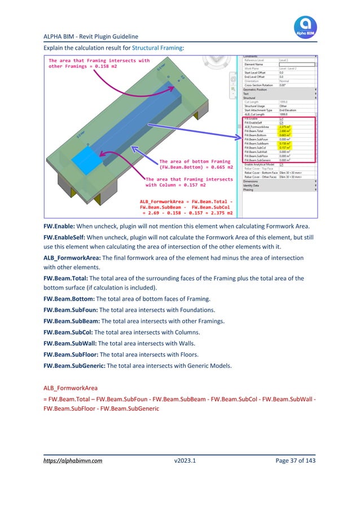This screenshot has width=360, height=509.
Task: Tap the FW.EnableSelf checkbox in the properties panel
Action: pos(282,122)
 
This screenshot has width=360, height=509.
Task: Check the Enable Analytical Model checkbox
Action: pos(282,164)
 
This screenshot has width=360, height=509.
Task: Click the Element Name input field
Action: pos(297,64)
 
